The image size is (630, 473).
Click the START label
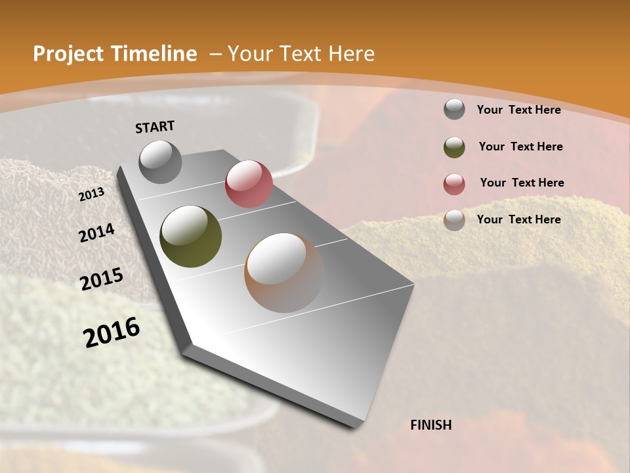155,127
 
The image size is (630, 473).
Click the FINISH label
431,425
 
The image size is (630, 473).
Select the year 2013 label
91,194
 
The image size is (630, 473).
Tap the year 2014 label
96,233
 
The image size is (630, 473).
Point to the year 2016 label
112,332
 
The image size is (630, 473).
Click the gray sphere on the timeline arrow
161,162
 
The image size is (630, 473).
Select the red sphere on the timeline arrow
249,184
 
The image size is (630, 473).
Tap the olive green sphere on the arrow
191,236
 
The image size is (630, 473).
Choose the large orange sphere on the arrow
284,273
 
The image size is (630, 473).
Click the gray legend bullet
454,110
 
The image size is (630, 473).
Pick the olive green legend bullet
454,147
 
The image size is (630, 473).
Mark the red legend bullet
454,183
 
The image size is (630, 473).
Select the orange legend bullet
454,220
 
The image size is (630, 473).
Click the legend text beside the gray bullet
518,110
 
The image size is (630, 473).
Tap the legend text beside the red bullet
522,183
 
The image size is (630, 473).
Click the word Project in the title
68,54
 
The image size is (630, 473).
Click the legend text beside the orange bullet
518,219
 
